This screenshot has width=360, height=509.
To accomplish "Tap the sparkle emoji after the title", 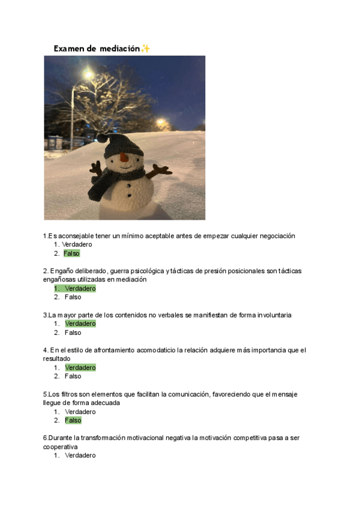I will tap(145, 48).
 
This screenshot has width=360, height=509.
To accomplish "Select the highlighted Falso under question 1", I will tap(71, 253).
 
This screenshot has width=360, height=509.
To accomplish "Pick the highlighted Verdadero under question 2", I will tap(80, 288).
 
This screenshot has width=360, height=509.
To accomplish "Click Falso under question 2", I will tap(73, 297).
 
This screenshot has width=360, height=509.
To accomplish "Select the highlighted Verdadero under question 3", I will tap(80, 324).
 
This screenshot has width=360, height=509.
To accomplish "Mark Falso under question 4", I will tap(73, 376).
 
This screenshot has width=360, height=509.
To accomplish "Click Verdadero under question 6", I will tap(80, 456).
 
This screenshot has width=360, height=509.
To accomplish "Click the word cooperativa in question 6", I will tap(61, 447).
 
